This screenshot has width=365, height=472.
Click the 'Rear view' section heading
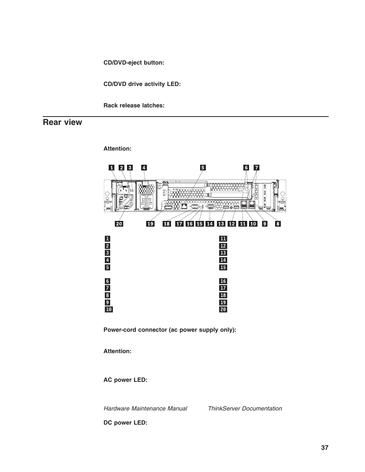click(x=62, y=122)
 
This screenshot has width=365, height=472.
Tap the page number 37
click(x=324, y=448)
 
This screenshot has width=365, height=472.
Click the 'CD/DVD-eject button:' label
click(x=134, y=63)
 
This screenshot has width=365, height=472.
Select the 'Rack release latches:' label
click(x=134, y=105)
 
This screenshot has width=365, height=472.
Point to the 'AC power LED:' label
click(x=125, y=380)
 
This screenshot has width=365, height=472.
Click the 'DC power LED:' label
click(x=125, y=423)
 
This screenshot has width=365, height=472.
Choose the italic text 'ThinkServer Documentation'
click(x=245, y=409)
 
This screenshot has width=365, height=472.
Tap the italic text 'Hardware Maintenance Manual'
click(x=145, y=409)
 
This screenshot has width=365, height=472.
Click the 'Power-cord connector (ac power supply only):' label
click(x=170, y=329)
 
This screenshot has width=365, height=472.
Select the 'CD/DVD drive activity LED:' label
click(x=142, y=84)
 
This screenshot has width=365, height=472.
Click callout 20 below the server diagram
click(x=119, y=224)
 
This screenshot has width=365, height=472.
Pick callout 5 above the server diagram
click(x=203, y=167)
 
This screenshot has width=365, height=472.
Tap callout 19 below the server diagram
click(x=150, y=224)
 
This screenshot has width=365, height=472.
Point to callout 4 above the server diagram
click(x=144, y=167)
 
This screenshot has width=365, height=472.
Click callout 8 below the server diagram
click(x=278, y=224)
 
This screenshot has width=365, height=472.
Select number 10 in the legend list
click(x=109, y=309)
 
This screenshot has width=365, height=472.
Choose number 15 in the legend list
click(x=223, y=268)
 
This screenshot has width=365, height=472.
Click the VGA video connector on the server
click(x=210, y=206)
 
